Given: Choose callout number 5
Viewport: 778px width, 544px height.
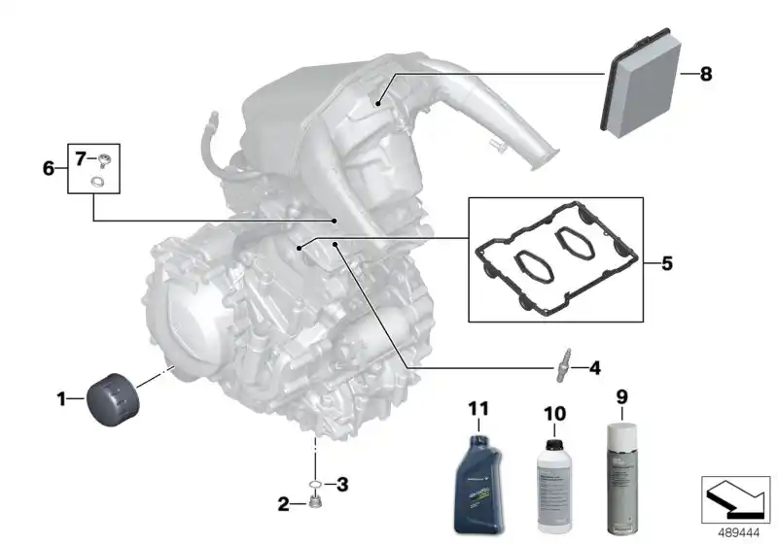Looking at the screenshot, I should pos(666,262).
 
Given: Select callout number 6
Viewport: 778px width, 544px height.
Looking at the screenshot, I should pos(49,168).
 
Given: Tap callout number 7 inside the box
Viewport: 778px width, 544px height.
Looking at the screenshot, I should pos(81,157).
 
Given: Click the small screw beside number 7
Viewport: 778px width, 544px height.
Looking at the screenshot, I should pos(101,159).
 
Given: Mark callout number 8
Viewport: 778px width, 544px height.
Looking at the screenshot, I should pos(706,74).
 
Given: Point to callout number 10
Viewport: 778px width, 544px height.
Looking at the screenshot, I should pos(553,413).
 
